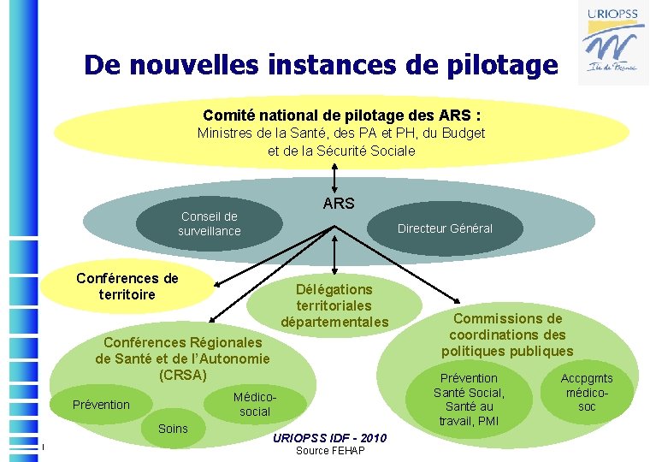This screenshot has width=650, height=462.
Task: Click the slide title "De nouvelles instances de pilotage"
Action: click(320, 65)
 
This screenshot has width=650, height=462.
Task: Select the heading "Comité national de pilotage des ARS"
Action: click(341, 115)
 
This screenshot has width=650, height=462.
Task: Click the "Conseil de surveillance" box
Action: click(210, 224)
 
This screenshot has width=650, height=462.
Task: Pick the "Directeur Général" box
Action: click(445, 228)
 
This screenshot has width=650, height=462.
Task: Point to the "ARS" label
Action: click(339, 204)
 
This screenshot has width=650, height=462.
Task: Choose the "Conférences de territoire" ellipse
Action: click(127, 287)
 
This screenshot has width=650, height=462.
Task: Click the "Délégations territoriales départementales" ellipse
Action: click(334, 305)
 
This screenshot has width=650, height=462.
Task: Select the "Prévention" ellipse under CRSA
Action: click(101, 405)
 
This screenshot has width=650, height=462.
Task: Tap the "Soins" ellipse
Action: click(173, 428)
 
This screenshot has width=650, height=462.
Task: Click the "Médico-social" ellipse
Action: click(255, 404)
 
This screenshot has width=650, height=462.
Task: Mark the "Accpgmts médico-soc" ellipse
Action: click(587, 393)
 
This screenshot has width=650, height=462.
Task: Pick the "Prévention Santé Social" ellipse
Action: click(469, 400)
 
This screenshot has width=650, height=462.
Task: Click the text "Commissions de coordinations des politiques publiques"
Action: click(507, 335)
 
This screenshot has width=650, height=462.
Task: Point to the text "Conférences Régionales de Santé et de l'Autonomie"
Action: click(182, 351)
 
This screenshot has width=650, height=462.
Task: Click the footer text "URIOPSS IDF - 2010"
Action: click(329, 438)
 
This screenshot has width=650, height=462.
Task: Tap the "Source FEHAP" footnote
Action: click(329, 451)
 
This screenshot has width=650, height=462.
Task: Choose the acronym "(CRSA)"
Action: click(182, 375)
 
